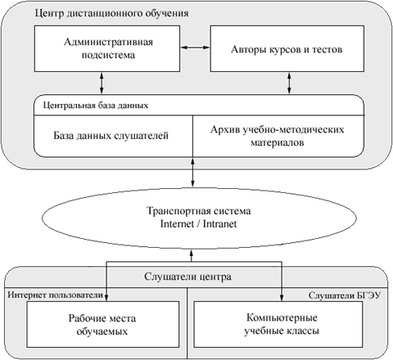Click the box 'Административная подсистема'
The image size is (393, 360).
coord(107,48)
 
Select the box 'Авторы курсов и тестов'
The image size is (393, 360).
coord(287,48)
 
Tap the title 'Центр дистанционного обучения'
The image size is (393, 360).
coord(111,13)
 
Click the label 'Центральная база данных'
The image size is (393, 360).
coord(95,105)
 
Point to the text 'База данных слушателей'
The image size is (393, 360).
coord(111,136)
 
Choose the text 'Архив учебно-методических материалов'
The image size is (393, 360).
coord(277,136)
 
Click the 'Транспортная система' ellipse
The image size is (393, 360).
coord(199,218)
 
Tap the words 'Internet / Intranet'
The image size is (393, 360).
coord(199,224)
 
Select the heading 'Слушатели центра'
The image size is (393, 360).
coord(187,277)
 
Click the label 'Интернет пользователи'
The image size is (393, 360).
coord(55,295)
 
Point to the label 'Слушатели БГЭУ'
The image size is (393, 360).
coord(345,295)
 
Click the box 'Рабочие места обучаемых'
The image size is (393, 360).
coord(102,324)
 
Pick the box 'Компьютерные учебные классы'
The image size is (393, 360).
coord(278,324)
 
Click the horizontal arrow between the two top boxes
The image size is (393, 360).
coord(195,48)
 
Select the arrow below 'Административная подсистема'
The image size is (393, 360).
coord(102,83)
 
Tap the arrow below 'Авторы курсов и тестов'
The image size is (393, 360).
coord(289,83)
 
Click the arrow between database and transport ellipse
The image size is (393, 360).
coord(193,172)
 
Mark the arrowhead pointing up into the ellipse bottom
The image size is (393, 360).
coord(191,253)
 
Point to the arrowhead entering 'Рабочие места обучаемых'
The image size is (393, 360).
coord(107,298)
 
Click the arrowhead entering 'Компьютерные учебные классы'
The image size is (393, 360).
coord(282,298)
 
